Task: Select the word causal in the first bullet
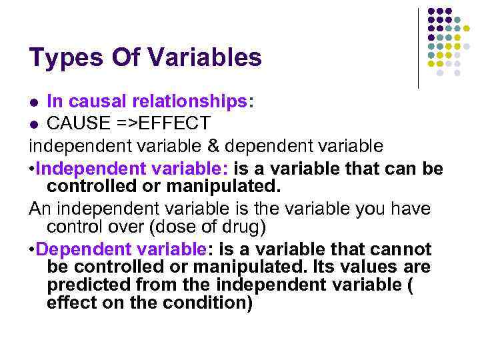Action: point(92,101)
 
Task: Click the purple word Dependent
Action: point(83,250)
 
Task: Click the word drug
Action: point(237,227)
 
